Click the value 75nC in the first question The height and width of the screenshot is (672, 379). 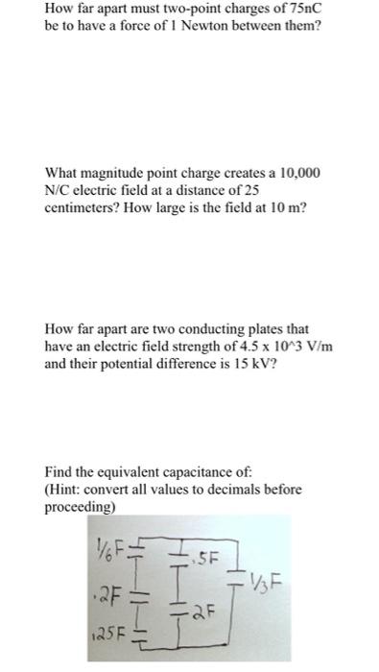tap(298, 10)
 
